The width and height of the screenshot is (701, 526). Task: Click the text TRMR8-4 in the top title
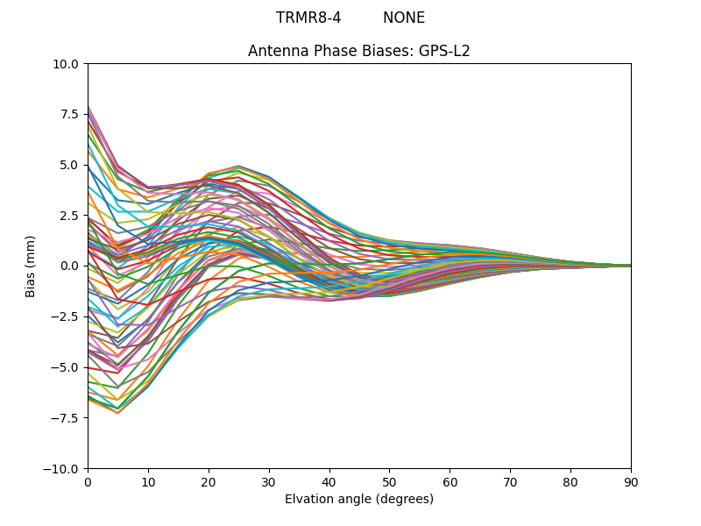coord(308,18)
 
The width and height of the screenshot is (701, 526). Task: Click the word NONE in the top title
coord(404,18)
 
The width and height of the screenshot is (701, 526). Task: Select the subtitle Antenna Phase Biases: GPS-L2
coord(359,51)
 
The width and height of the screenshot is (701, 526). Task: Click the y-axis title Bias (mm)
coord(31,266)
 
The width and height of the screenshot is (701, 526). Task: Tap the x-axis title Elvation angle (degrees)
coord(359,499)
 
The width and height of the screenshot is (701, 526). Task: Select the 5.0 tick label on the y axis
coord(70,165)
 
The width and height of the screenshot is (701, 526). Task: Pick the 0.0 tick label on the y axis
coord(70,266)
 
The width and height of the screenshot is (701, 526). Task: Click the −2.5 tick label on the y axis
coord(66,316)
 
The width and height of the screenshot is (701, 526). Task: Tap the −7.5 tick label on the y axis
coord(66,417)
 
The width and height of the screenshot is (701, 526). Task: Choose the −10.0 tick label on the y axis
coord(62,468)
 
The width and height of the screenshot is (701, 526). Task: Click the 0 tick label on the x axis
coord(88,481)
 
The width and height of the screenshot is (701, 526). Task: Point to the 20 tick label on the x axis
coord(209,481)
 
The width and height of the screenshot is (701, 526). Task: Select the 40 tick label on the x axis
coord(329,481)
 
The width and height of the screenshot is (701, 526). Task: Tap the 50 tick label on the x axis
coord(390,481)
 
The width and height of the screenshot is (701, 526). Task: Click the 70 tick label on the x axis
coord(510,481)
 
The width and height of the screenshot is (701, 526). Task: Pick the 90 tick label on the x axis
coord(631,481)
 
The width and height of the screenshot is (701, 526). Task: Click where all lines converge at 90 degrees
coord(630,266)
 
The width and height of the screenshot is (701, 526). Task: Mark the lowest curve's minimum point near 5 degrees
coord(118,413)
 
